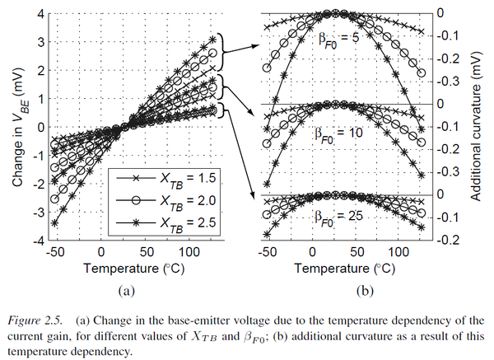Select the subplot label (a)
[125, 289]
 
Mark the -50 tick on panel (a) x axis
[56, 252]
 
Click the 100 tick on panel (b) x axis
[403, 252]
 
